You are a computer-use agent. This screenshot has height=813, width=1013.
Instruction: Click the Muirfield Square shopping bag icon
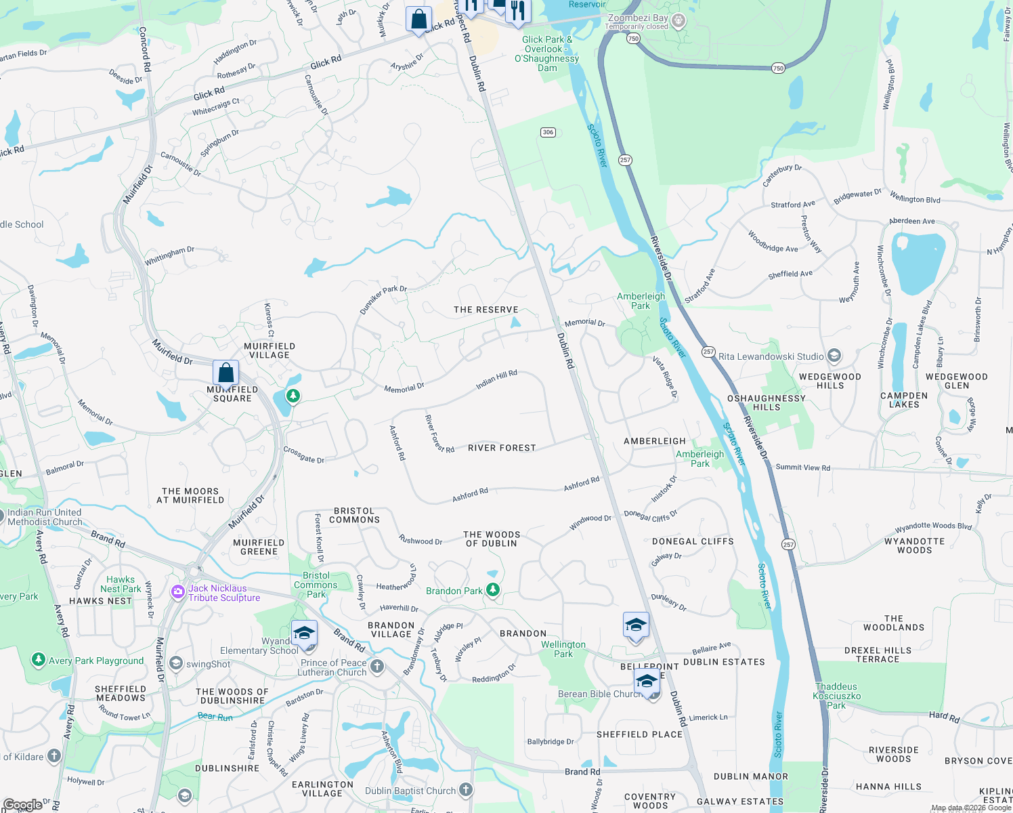(x=225, y=373)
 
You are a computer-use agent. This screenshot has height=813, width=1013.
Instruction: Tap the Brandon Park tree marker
(x=493, y=590)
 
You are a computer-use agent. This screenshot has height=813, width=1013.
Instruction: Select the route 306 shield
(x=548, y=132)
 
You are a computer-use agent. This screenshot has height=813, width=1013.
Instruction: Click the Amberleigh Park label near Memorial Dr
(x=641, y=301)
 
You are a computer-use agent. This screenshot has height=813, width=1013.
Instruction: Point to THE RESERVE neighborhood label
(x=486, y=310)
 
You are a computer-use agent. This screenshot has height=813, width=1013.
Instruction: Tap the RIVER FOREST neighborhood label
(x=502, y=448)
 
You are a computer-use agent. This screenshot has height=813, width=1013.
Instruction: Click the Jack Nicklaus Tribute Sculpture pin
(x=178, y=592)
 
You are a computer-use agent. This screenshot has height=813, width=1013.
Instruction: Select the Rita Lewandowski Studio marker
(x=834, y=356)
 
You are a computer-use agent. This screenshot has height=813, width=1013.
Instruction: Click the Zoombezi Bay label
(x=637, y=18)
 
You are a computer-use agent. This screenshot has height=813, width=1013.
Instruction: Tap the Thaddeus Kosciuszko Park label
(x=837, y=696)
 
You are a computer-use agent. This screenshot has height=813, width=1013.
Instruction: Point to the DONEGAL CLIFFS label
(x=693, y=541)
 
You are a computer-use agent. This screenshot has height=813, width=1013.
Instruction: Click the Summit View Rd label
(x=802, y=467)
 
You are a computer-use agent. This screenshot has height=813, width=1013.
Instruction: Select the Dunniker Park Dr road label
(x=383, y=299)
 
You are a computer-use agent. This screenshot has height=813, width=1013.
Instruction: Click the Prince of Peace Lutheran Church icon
(x=377, y=667)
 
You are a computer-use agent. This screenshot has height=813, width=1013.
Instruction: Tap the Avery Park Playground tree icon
(x=39, y=660)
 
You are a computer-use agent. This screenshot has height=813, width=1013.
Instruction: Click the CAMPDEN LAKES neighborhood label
(x=904, y=400)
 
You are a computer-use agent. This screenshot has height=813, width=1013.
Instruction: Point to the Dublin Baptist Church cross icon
(x=466, y=790)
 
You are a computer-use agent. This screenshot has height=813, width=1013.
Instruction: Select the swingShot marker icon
(x=177, y=663)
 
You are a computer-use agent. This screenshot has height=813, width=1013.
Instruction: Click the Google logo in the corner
(x=22, y=805)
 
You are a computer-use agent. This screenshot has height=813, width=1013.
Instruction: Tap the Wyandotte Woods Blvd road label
(x=933, y=526)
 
